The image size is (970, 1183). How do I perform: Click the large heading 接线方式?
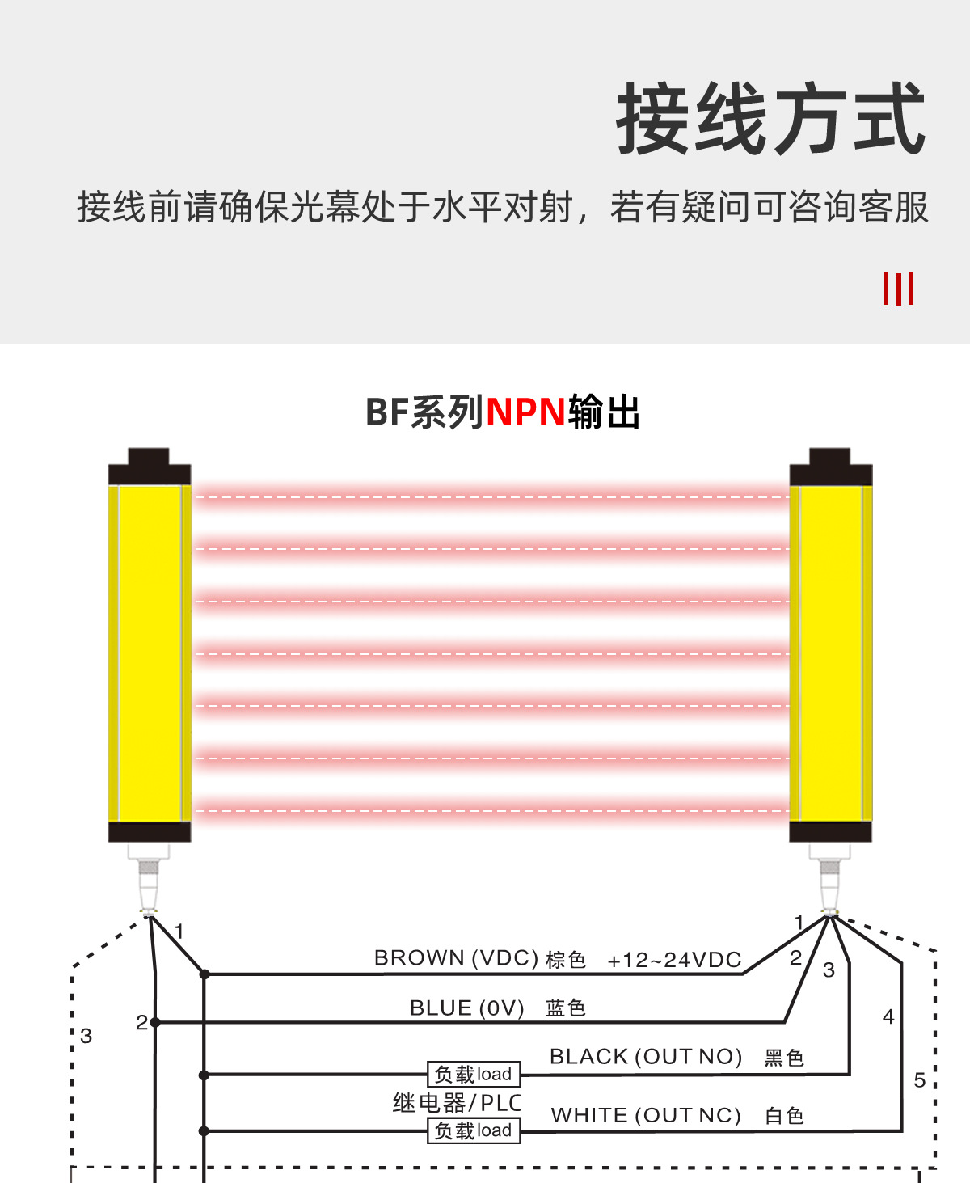(x=770, y=120)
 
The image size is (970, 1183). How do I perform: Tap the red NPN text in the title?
(x=525, y=412)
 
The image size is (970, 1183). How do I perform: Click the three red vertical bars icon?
(x=898, y=289)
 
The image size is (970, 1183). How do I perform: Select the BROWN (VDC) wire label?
(x=456, y=958)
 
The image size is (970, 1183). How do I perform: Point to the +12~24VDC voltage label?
(x=674, y=960)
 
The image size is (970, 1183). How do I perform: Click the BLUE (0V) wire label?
(x=466, y=1008)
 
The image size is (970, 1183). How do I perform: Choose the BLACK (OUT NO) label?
(x=645, y=1057)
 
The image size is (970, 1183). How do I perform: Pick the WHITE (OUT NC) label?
(x=646, y=1116)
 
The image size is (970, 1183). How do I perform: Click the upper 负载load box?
(x=474, y=1074)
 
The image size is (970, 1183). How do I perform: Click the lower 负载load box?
(x=474, y=1130)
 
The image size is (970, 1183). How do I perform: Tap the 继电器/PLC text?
(x=457, y=1102)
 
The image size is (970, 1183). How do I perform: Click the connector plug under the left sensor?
(x=149, y=881)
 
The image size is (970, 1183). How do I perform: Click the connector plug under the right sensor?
(x=830, y=881)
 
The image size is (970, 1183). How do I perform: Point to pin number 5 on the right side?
(x=919, y=1080)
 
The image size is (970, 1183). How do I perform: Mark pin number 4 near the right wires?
(x=888, y=1017)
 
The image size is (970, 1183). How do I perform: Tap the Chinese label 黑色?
(x=783, y=1058)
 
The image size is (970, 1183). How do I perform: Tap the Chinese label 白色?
(x=783, y=1117)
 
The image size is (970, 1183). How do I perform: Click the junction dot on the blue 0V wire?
(x=155, y=1023)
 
